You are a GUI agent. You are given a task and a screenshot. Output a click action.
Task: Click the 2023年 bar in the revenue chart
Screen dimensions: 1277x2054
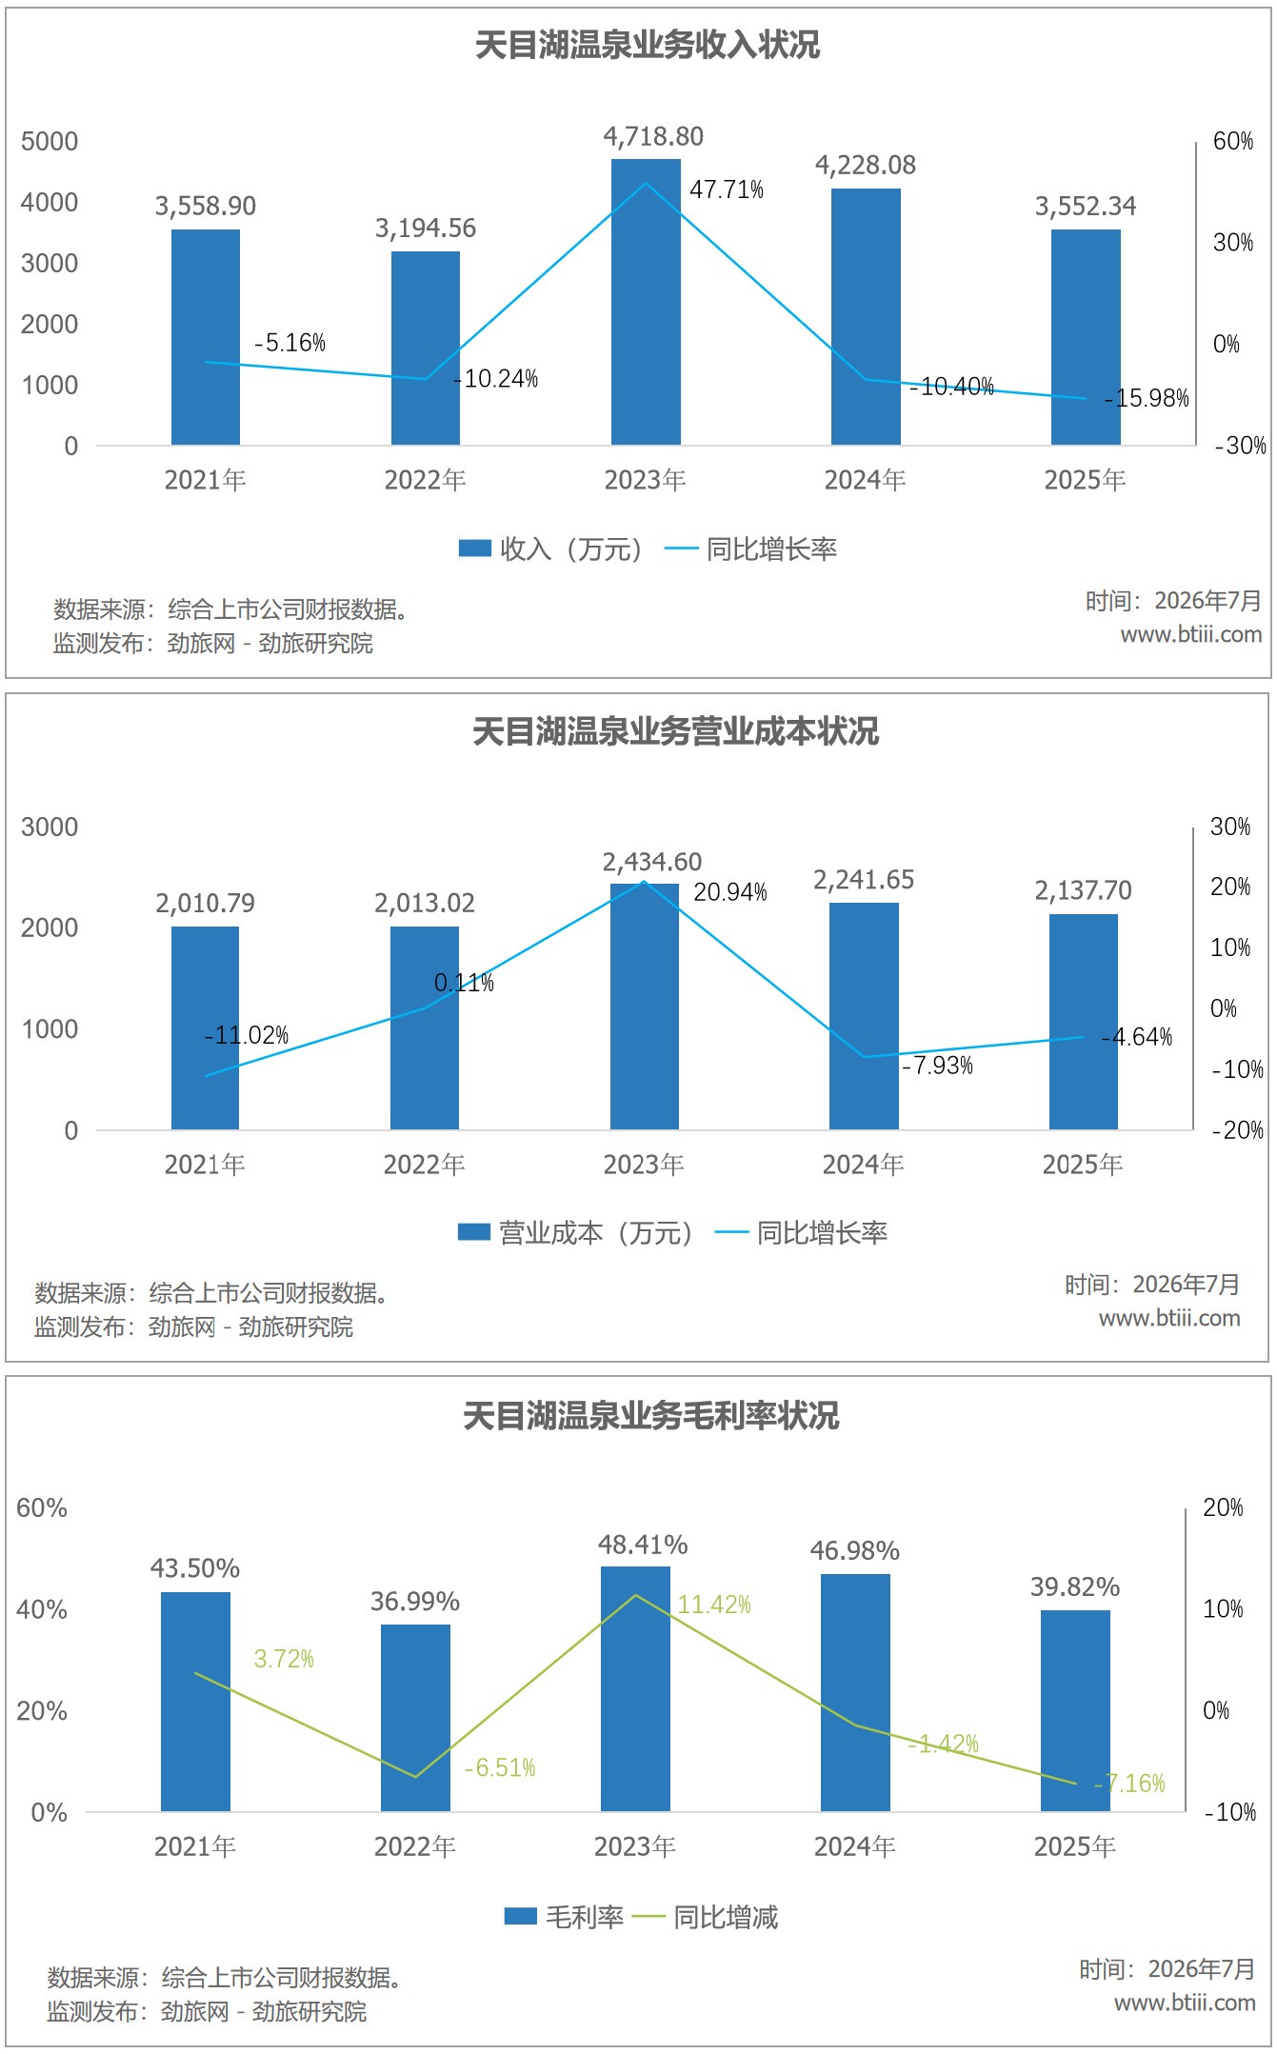click(x=646, y=302)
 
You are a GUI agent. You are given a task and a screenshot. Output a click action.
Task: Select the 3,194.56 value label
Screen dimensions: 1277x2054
click(x=425, y=229)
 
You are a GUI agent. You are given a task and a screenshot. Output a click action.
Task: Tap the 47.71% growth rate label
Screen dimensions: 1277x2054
click(x=727, y=189)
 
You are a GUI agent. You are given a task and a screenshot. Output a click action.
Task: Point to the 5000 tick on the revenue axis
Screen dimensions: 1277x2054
click(x=50, y=142)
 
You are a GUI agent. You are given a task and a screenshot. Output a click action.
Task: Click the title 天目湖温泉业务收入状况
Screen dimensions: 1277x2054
click(x=648, y=45)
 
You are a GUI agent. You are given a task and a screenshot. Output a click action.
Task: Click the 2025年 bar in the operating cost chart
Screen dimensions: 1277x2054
click(x=1084, y=1022)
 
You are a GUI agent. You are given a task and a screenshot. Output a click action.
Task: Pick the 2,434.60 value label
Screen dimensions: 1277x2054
click(x=652, y=862)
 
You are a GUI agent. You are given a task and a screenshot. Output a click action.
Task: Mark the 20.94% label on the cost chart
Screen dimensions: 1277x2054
click(x=730, y=892)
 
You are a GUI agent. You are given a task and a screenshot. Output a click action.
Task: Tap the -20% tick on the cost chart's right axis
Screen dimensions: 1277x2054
click(x=1238, y=1130)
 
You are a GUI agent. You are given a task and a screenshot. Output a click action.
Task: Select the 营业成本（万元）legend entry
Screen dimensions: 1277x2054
click(x=575, y=1233)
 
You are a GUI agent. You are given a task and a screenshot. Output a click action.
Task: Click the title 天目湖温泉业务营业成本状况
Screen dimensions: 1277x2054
click(x=676, y=731)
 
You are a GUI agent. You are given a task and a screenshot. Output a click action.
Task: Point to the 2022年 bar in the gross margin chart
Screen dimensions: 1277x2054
click(x=415, y=1718)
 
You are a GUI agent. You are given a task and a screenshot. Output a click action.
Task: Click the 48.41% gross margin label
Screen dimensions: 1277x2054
click(x=643, y=1545)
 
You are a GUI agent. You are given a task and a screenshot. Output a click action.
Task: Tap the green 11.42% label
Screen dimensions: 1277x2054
click(x=714, y=1605)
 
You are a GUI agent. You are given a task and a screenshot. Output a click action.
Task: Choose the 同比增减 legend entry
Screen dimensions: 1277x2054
click(x=705, y=1917)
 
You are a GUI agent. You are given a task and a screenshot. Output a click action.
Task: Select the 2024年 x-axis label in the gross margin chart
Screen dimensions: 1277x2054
click(x=855, y=1846)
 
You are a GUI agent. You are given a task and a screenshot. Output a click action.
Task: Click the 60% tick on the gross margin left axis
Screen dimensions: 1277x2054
click(x=42, y=1507)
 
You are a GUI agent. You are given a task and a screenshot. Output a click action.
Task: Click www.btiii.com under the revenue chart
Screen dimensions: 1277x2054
click(x=1191, y=634)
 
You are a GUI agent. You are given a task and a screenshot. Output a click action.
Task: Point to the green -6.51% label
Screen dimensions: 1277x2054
click(x=500, y=1768)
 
